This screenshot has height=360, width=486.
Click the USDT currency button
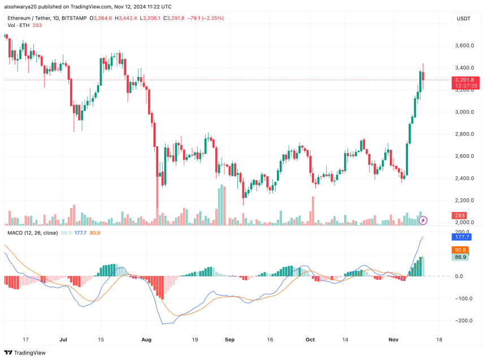[x=463, y=19]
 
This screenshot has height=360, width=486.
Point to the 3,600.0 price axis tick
[x=466, y=45]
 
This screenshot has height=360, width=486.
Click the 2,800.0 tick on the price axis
[x=466, y=134]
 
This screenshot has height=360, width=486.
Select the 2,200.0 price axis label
[x=466, y=201]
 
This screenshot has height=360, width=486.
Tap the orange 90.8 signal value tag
[x=459, y=250]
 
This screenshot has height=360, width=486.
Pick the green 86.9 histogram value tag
[x=459, y=257]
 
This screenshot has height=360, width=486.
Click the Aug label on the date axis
[x=146, y=340]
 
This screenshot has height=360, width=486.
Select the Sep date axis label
[x=229, y=340]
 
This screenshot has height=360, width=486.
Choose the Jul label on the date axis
[x=63, y=340]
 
